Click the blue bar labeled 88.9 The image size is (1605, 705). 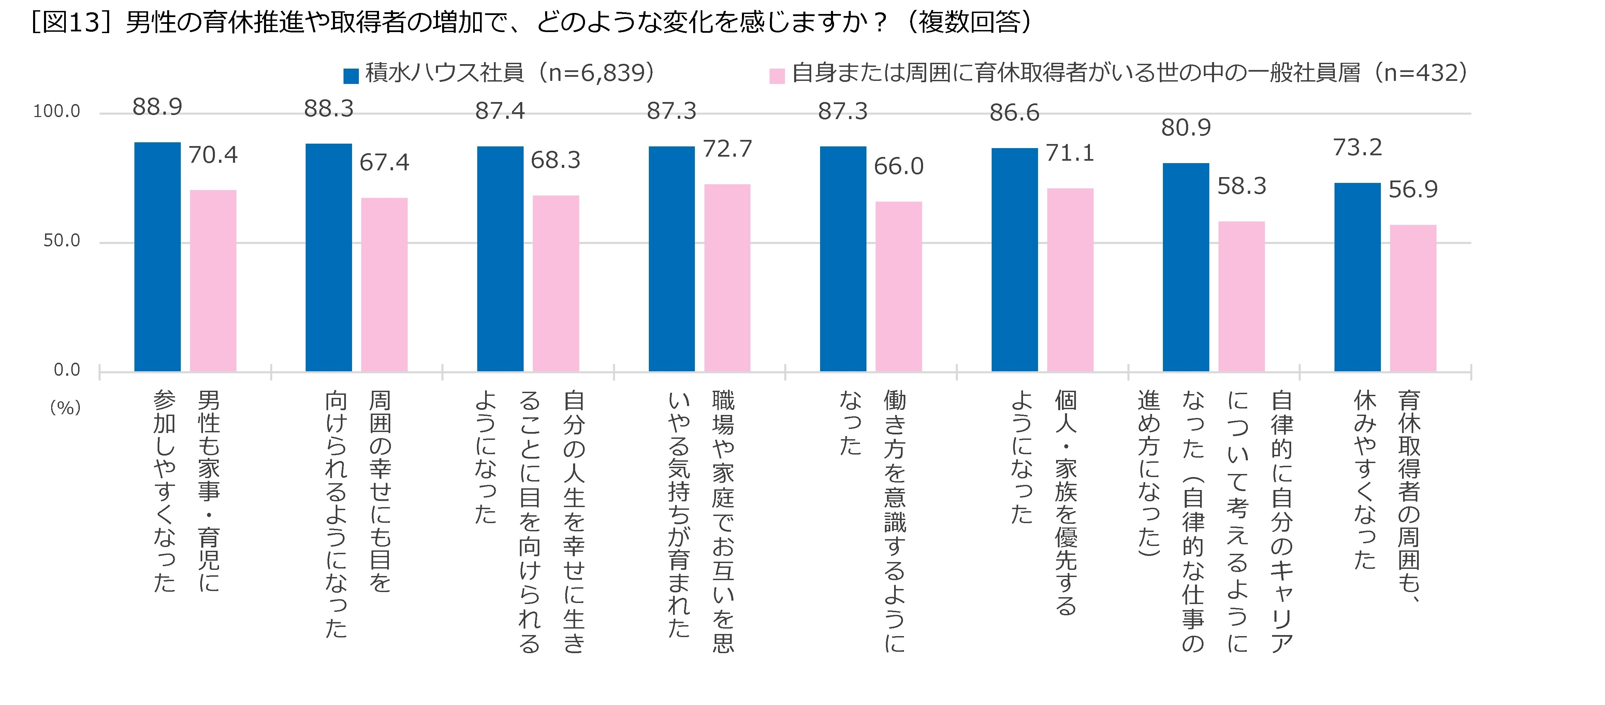tap(158, 257)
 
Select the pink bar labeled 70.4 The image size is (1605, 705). tap(213, 280)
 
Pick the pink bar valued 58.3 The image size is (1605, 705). tap(1241, 296)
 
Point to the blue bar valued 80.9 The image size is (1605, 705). tap(1186, 267)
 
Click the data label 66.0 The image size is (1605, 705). tap(899, 167)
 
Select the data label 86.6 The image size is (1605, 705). tap(1015, 113)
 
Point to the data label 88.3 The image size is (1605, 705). tap(329, 109)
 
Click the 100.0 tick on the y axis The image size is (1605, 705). tap(57, 112)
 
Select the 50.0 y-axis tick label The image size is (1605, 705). tap(62, 241)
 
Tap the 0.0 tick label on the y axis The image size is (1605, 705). tap(67, 370)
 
